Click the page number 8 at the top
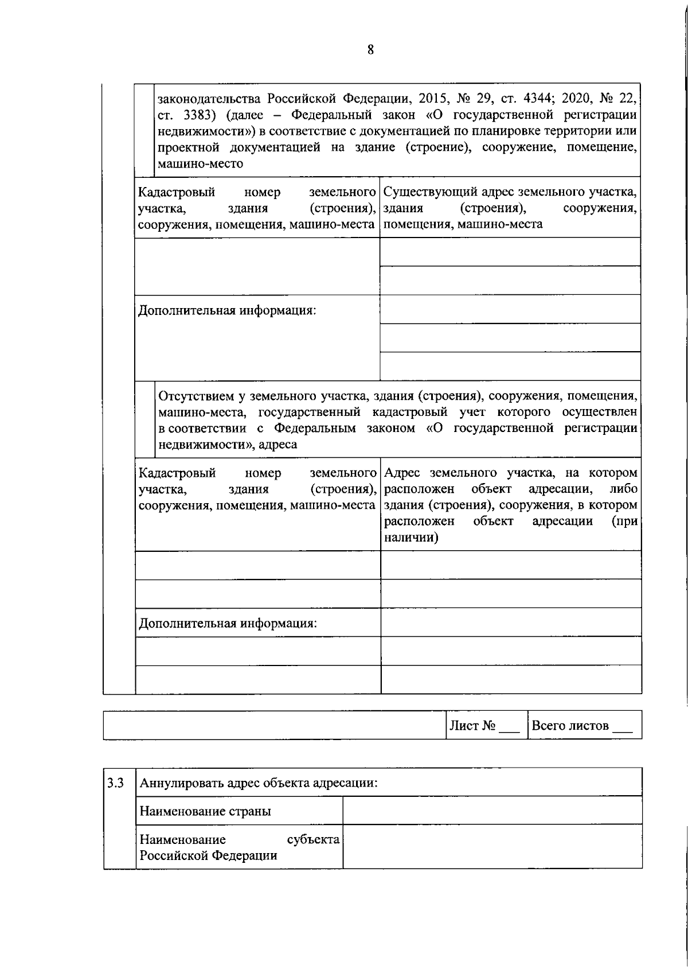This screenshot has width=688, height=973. [370, 50]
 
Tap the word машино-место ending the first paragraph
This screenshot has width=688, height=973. [200, 164]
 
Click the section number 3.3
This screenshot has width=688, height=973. [116, 783]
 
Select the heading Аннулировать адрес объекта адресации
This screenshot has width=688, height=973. [259, 783]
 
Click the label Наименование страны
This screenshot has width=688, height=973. [205, 811]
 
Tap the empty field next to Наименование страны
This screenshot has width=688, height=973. [492, 811]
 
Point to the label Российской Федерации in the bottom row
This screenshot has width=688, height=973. [209, 855]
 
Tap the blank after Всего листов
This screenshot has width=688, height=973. [623, 727]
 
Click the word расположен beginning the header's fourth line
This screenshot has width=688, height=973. [419, 521]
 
